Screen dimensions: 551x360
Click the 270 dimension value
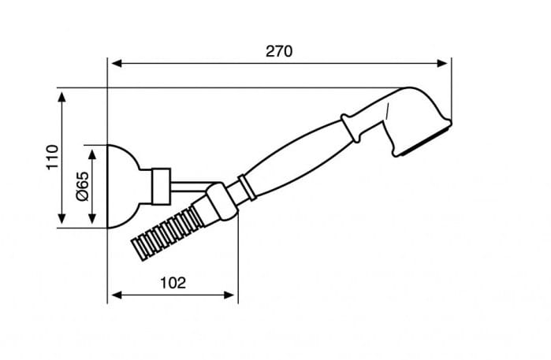click(x=279, y=51)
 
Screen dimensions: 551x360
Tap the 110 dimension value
click(x=52, y=157)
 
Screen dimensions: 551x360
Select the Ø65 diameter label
click(x=83, y=187)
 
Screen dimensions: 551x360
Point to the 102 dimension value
click(x=173, y=282)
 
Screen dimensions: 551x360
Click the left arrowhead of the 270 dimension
click(x=116, y=63)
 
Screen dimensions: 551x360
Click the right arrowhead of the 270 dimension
click(x=442, y=63)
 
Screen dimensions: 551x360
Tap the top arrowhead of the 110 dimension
click(x=61, y=98)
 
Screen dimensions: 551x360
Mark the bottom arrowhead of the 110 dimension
click(x=61, y=218)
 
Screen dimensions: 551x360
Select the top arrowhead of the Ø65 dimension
click(x=92, y=154)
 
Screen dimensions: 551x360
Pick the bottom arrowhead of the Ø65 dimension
click(x=92, y=218)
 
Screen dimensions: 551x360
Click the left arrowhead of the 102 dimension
click(x=116, y=295)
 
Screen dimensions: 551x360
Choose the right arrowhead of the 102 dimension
click(x=229, y=295)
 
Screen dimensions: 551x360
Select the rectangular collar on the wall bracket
click(x=161, y=186)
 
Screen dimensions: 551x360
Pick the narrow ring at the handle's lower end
click(x=247, y=187)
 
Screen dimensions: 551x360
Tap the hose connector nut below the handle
click(x=222, y=202)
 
